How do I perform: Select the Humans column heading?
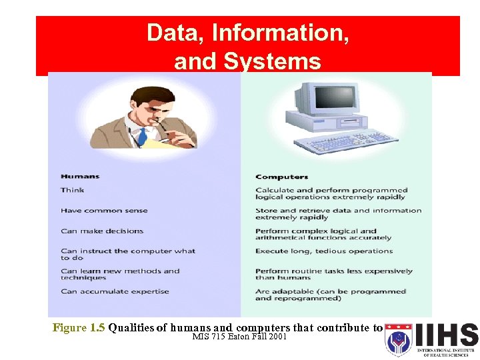pyautogui.click(x=80, y=177)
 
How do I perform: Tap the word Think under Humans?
pyautogui.click(x=73, y=190)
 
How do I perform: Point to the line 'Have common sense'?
pyautogui.click(x=104, y=211)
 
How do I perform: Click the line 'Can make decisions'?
pyautogui.click(x=102, y=231)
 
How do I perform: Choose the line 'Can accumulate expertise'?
pyautogui.click(x=115, y=291)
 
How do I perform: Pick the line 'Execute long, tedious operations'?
pyautogui.click(x=324, y=251)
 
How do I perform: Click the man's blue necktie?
pyautogui.click(x=142, y=137)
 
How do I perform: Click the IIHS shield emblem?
pyautogui.click(x=399, y=340)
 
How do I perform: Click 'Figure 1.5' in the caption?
pyautogui.click(x=79, y=327)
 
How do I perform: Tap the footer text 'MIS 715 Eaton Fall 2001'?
pyautogui.click(x=239, y=337)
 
